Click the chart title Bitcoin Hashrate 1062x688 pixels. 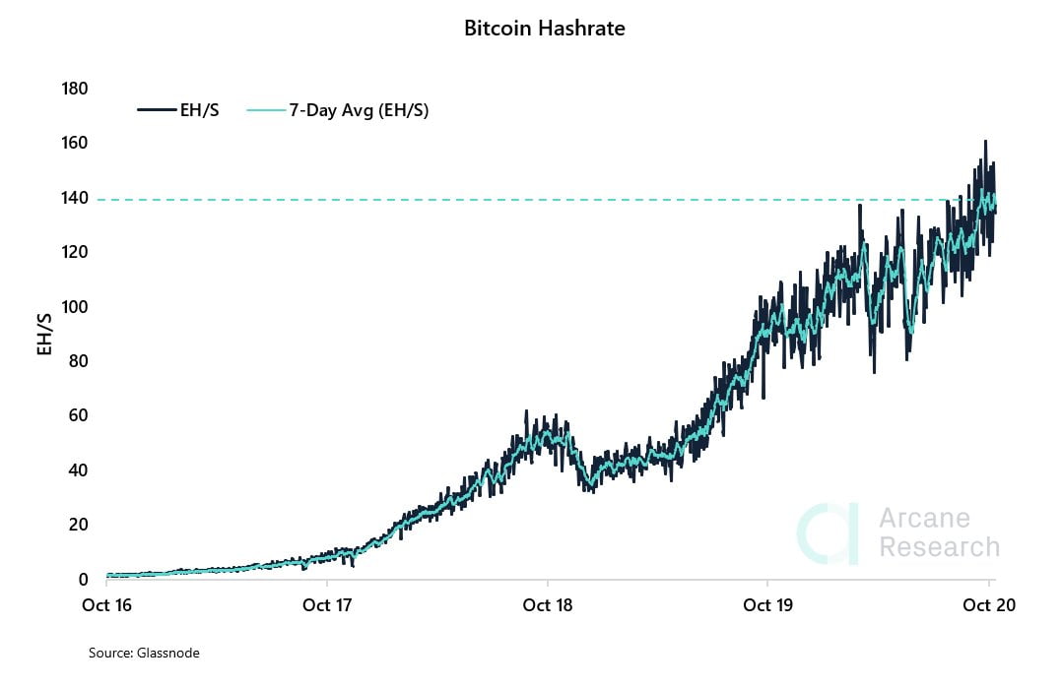pyautogui.click(x=544, y=29)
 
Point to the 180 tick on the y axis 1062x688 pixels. pyautogui.click(x=75, y=89)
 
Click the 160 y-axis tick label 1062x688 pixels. pyautogui.click(x=75, y=144)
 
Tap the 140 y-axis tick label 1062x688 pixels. pyautogui.click(x=75, y=198)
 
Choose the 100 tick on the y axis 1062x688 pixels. pyautogui.click(x=75, y=307)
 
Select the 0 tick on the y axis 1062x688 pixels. pyautogui.click(x=83, y=579)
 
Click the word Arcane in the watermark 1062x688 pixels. pyautogui.click(x=924, y=518)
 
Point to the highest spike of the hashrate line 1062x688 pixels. pyautogui.click(x=984, y=142)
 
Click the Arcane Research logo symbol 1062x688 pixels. pyautogui.click(x=828, y=534)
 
